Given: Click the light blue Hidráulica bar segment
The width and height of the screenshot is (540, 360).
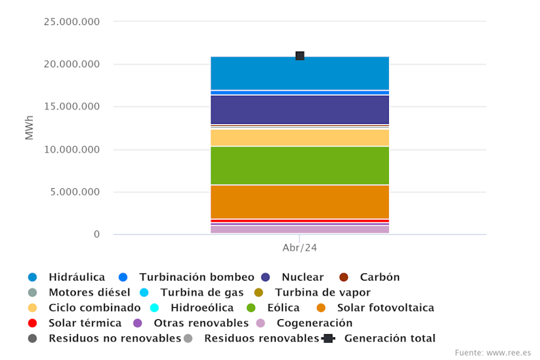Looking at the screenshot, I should point(299,73).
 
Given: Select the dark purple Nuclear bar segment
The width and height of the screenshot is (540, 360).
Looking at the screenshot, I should point(299,110).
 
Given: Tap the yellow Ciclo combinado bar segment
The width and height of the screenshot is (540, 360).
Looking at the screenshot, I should point(299,137).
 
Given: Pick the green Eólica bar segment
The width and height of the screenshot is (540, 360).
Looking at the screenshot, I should point(299,165).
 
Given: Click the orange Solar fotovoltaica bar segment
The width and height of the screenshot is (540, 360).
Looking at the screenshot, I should point(299,201).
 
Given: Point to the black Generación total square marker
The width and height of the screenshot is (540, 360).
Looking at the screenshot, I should point(300,56).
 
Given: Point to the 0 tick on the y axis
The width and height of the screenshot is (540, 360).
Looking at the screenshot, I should point(97,235).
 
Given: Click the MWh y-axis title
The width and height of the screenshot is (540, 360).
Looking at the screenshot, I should point(29,128).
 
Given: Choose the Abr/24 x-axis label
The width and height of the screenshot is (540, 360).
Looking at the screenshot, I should point(299,248).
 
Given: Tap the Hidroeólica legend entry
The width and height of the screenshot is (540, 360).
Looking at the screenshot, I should point(198,308).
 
